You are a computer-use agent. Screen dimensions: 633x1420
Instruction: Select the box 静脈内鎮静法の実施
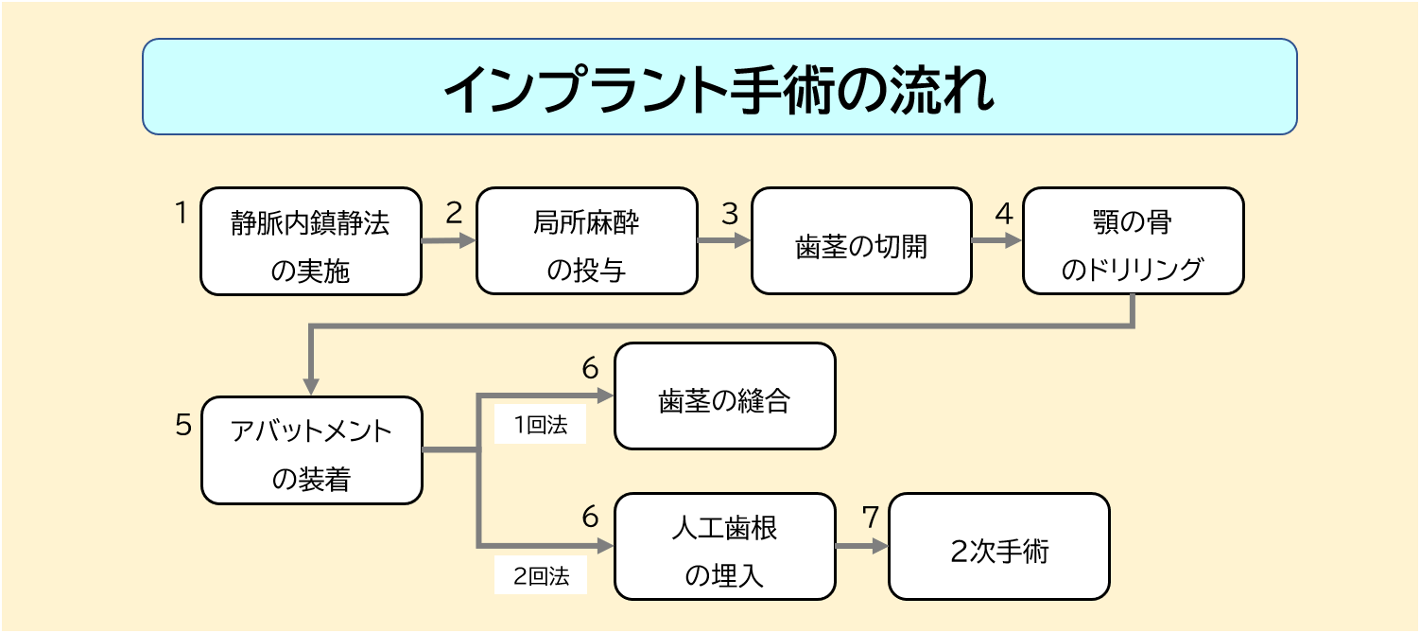310,241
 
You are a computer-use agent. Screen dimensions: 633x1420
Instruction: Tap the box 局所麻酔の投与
586,241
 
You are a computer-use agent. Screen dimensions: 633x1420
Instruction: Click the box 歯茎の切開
861,241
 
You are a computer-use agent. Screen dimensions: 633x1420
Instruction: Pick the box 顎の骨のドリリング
1133,241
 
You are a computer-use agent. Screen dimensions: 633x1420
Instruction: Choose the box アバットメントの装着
311,450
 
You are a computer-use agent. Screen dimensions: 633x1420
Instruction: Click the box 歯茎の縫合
724,396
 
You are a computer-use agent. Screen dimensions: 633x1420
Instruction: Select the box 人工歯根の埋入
724,546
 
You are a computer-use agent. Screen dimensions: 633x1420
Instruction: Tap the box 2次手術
998,546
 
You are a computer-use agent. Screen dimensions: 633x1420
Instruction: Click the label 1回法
540,426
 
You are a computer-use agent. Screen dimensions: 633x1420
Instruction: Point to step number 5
183,425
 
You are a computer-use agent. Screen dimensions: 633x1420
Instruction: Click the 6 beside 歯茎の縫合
591,368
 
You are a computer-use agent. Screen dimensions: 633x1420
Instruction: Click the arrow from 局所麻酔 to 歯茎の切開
724,241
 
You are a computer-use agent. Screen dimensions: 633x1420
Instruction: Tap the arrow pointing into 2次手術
862,546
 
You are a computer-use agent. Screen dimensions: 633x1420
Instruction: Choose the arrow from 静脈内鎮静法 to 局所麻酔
448,241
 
